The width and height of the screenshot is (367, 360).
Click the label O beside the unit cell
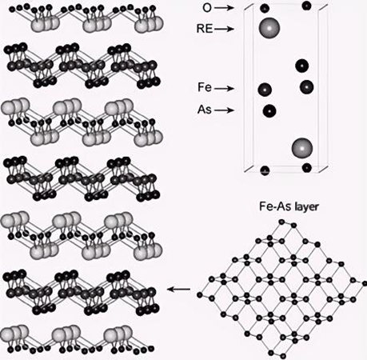point(207,8)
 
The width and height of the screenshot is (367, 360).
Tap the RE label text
point(205,29)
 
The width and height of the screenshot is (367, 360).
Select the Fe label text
point(205,87)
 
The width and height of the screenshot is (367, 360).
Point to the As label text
point(205,110)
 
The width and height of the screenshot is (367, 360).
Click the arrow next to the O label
point(224,8)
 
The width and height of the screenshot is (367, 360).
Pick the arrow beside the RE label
point(224,29)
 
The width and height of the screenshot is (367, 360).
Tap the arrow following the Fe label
point(224,88)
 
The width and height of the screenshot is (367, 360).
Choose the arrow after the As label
point(224,110)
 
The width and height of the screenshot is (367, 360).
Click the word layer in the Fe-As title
point(305,207)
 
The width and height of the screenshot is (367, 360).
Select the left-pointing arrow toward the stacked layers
point(179,289)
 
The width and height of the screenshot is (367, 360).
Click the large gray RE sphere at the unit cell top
point(269,28)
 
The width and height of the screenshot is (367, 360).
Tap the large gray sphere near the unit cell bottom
point(302,148)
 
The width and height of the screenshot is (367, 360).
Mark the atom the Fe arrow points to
point(265,90)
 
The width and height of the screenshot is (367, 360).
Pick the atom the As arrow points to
point(269,110)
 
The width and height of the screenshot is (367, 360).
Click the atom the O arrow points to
point(265,8)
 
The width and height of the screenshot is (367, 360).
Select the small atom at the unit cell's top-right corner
point(307,6)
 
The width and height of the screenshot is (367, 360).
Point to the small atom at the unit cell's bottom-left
point(265,170)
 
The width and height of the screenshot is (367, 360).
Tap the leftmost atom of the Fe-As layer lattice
point(200,295)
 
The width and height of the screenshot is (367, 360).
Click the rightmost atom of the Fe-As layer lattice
point(365,284)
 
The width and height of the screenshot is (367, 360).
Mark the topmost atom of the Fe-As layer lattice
point(281,222)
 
